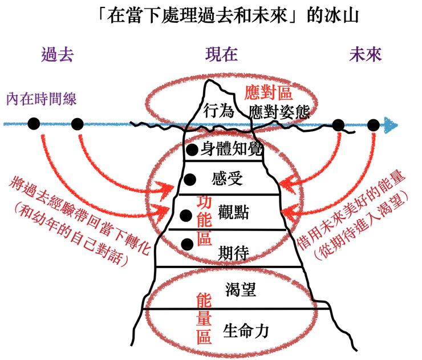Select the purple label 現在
coord(220,55)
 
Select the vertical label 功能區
coord(205,221)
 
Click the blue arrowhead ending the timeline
coord(392,125)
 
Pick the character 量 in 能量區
coord(205,317)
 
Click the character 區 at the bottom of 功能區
coord(205,238)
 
